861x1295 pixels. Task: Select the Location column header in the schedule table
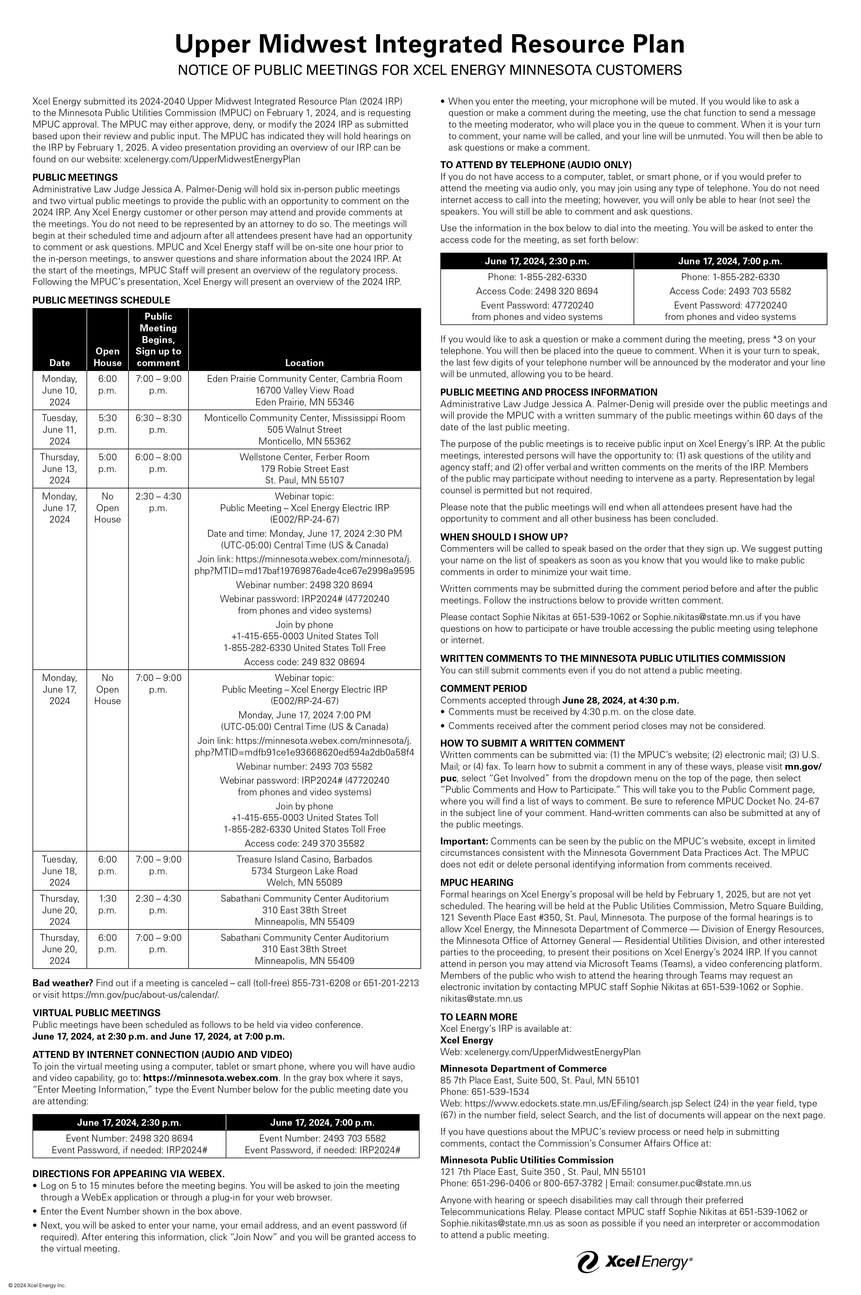[304, 362]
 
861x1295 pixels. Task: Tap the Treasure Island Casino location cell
[304, 871]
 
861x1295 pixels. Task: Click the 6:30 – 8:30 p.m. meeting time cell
[158, 423]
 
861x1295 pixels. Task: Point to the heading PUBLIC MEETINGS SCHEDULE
[101, 300]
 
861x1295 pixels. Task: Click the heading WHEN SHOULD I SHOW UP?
[503, 536]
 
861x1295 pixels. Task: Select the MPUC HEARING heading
[477, 882]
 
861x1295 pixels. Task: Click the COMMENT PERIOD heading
[483, 688]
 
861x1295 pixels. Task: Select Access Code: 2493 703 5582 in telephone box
[730, 291]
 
